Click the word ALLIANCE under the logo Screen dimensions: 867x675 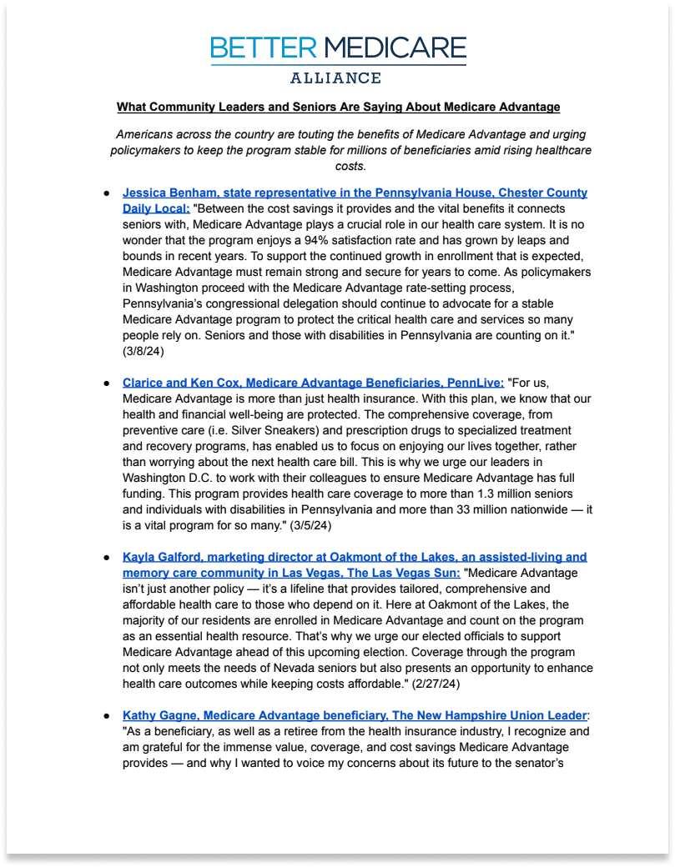click(x=335, y=78)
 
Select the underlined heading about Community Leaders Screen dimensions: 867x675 click(x=338, y=107)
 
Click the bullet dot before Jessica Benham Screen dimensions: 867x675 click(x=107, y=193)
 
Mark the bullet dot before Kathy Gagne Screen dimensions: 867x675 click(x=107, y=716)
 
